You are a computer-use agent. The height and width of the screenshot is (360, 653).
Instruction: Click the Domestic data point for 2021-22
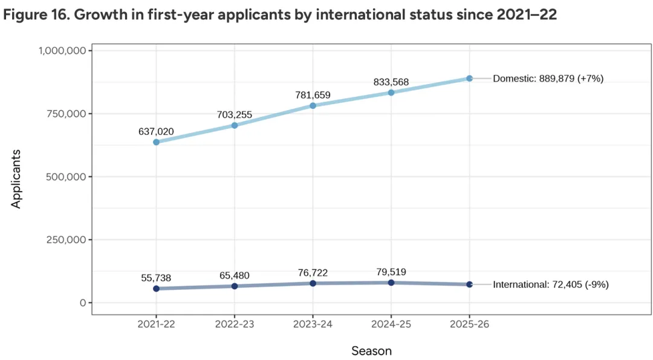coord(156,142)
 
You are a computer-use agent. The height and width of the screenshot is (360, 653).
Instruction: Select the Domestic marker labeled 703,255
coord(235,125)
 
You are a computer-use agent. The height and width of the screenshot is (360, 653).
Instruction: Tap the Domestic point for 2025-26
coord(469,78)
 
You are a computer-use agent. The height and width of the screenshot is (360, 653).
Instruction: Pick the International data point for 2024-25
coord(391,283)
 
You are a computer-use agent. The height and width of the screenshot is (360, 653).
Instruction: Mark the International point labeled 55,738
coord(156,289)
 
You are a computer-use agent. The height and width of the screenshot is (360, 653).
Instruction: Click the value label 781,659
coord(313,94)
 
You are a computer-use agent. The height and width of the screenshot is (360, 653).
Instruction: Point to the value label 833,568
coord(391,81)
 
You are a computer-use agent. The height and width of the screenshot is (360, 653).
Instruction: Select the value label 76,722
coord(313,273)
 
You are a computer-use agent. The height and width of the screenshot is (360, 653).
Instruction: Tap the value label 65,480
coord(235,275)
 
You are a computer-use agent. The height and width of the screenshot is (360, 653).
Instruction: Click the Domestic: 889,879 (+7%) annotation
coord(548,79)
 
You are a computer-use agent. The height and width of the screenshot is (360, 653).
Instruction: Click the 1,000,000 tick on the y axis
coord(62,51)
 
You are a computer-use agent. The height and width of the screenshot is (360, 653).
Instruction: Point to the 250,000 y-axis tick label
coord(67,240)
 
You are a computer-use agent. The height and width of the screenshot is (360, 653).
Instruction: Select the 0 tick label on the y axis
coord(83,303)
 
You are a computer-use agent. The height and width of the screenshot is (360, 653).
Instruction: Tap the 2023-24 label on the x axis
coord(313,325)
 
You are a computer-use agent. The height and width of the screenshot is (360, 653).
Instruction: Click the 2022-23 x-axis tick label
coord(235,325)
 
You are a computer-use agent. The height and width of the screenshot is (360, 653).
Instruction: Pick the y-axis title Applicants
coord(16,178)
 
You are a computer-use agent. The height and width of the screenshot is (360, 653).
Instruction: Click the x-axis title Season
coord(371,350)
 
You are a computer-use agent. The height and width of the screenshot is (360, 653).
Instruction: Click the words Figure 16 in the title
coord(36,15)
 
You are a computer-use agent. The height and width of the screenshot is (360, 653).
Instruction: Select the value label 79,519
coord(391,272)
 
